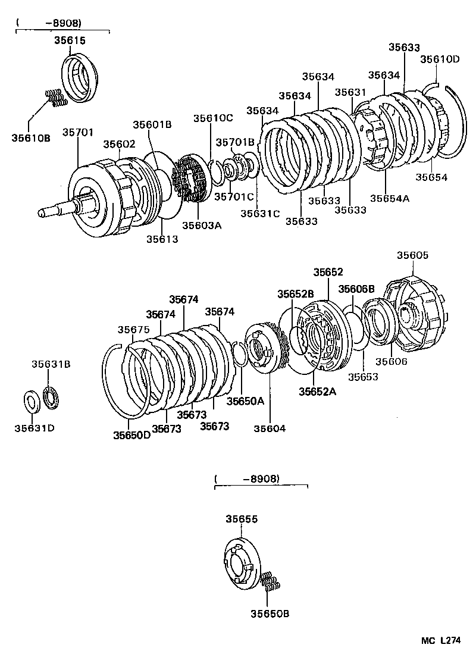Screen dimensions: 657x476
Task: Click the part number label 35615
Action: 71,40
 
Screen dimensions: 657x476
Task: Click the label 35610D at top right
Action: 440,59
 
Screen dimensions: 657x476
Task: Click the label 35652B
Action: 295,293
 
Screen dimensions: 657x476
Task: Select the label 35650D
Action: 132,435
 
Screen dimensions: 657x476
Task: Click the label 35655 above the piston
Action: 241,519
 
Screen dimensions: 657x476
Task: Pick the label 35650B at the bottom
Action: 270,614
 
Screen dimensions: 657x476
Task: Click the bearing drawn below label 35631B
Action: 52,398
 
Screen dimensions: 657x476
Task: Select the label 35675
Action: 133,329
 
